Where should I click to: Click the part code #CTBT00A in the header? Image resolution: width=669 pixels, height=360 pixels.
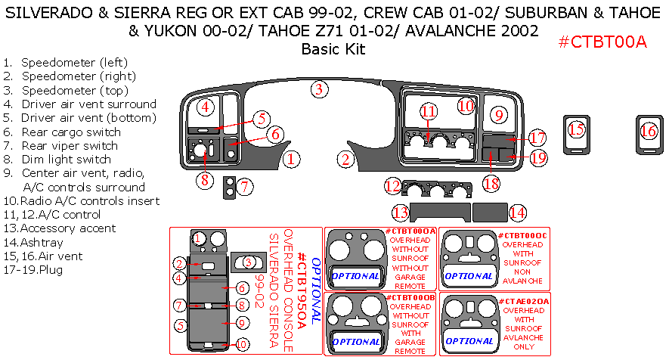tap(602, 43)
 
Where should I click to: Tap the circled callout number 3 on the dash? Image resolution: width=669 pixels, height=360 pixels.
tap(320, 89)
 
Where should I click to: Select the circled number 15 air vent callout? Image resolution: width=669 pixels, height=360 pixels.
tap(577, 129)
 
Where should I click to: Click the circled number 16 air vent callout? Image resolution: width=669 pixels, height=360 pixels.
tap(649, 131)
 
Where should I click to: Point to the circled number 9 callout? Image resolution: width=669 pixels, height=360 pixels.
tap(498, 115)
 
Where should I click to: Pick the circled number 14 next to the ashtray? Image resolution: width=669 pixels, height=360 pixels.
tap(517, 213)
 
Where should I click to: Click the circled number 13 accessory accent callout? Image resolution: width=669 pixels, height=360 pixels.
tap(400, 213)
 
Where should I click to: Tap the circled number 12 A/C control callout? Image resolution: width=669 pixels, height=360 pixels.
tap(392, 186)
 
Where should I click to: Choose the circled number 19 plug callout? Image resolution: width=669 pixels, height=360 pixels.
tap(538, 158)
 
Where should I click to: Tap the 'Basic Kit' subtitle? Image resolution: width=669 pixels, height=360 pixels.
tap(333, 50)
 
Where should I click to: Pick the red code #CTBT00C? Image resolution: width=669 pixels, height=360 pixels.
tap(522, 236)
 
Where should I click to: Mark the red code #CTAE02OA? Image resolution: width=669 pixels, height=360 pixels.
tap(523, 301)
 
